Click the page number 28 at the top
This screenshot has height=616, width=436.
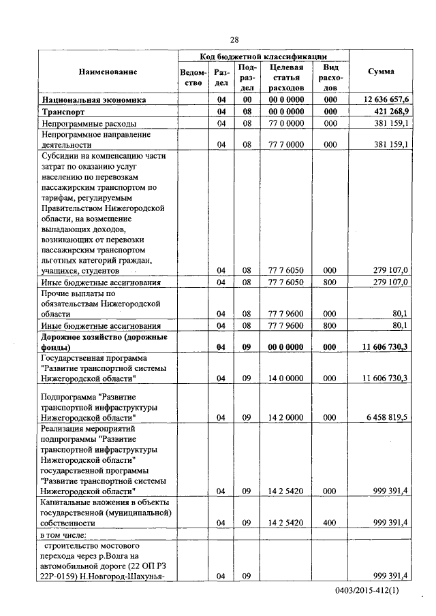point(234,39)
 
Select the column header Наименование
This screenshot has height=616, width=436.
point(108,71)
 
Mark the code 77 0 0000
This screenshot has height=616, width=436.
point(285,124)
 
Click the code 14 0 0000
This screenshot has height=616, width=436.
point(285,378)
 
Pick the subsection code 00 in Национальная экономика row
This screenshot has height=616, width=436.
point(247,99)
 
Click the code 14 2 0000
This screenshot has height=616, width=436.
point(285,417)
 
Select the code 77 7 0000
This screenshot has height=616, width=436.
point(285,144)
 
